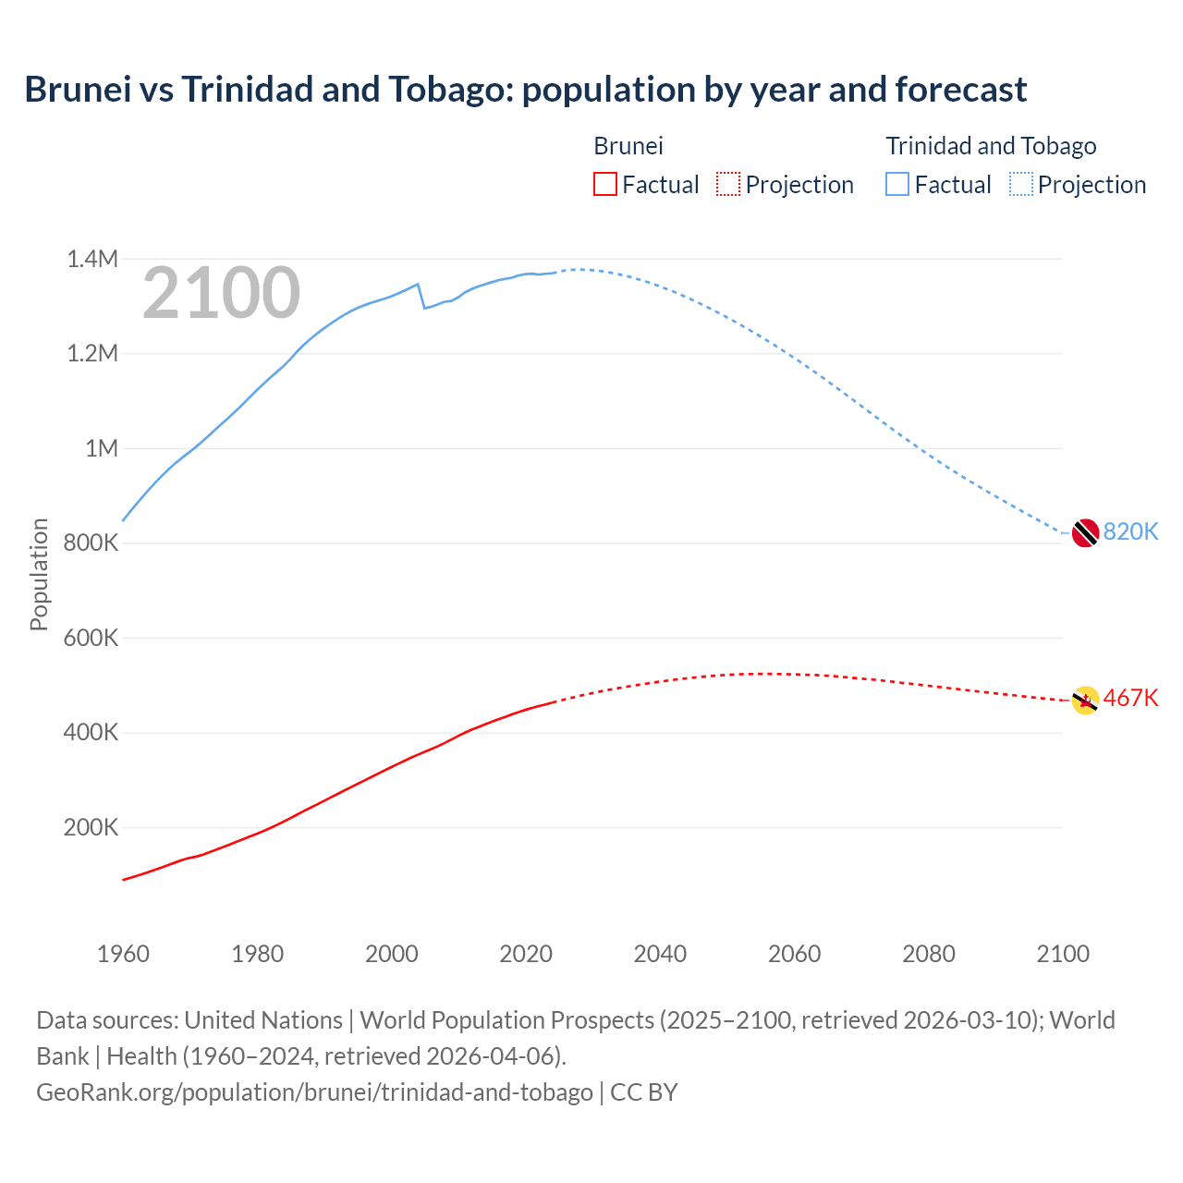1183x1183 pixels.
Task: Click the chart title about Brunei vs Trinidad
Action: coord(525,90)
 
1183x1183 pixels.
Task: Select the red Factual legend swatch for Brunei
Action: coord(604,184)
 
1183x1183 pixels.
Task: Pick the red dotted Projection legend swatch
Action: coord(728,184)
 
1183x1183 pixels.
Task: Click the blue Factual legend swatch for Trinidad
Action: coord(897,184)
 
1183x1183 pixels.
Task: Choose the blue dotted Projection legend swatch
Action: coord(1021,184)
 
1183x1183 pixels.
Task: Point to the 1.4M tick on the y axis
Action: coord(92,259)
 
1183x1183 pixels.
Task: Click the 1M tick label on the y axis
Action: coord(102,448)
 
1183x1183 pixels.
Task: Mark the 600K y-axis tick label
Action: coord(91,638)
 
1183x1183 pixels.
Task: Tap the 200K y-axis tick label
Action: coord(91,827)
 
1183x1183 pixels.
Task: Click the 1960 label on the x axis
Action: coord(123,954)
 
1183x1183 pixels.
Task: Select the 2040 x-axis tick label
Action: coord(660,954)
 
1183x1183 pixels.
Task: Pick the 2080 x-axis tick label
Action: coord(929,954)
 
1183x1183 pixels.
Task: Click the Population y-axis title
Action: coord(39,574)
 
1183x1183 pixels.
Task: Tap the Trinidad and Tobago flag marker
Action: coord(1085,533)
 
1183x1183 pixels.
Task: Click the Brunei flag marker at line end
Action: coord(1085,701)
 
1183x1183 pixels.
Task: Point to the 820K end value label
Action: coord(1130,531)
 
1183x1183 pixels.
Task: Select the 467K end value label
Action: coord(1130,698)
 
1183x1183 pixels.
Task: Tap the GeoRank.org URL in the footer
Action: coord(314,1092)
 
